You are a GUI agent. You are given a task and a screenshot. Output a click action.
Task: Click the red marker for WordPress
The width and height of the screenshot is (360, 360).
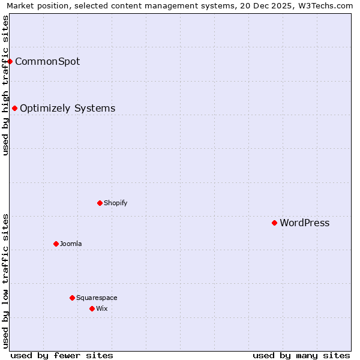274,223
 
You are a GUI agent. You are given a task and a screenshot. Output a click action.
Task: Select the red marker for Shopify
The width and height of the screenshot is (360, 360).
100,203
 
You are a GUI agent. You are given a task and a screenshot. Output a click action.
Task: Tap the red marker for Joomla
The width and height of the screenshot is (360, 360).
56,244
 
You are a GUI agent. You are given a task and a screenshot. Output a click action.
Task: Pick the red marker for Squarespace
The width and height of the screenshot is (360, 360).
72,298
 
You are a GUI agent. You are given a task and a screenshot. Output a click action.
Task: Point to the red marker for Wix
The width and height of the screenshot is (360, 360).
92,308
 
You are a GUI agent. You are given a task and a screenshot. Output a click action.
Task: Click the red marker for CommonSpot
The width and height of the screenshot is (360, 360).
10,61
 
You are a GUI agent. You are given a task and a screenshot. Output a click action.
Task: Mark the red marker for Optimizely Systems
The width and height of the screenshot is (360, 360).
14,108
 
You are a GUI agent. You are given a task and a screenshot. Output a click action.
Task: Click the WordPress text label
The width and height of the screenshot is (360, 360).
304,223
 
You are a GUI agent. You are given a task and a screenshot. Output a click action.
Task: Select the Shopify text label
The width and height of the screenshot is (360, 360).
115,203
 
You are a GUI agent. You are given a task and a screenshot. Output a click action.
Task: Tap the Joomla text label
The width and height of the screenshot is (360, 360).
71,244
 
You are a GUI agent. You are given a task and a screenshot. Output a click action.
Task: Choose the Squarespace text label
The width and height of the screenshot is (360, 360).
97,298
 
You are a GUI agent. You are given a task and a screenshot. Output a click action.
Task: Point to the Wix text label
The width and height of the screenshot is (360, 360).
101,309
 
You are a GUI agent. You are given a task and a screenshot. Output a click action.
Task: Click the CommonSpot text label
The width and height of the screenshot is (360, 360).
47,62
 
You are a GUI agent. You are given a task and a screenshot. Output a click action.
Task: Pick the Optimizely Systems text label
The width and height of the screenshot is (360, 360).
67,109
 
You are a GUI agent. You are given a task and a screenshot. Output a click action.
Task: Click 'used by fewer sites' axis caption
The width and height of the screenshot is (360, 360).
62,355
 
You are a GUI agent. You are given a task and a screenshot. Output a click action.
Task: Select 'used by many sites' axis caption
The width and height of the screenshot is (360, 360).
301,355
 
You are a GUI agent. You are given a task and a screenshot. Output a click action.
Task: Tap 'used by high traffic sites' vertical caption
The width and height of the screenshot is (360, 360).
5,85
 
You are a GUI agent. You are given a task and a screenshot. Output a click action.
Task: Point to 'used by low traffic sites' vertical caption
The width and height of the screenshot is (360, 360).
5,281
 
